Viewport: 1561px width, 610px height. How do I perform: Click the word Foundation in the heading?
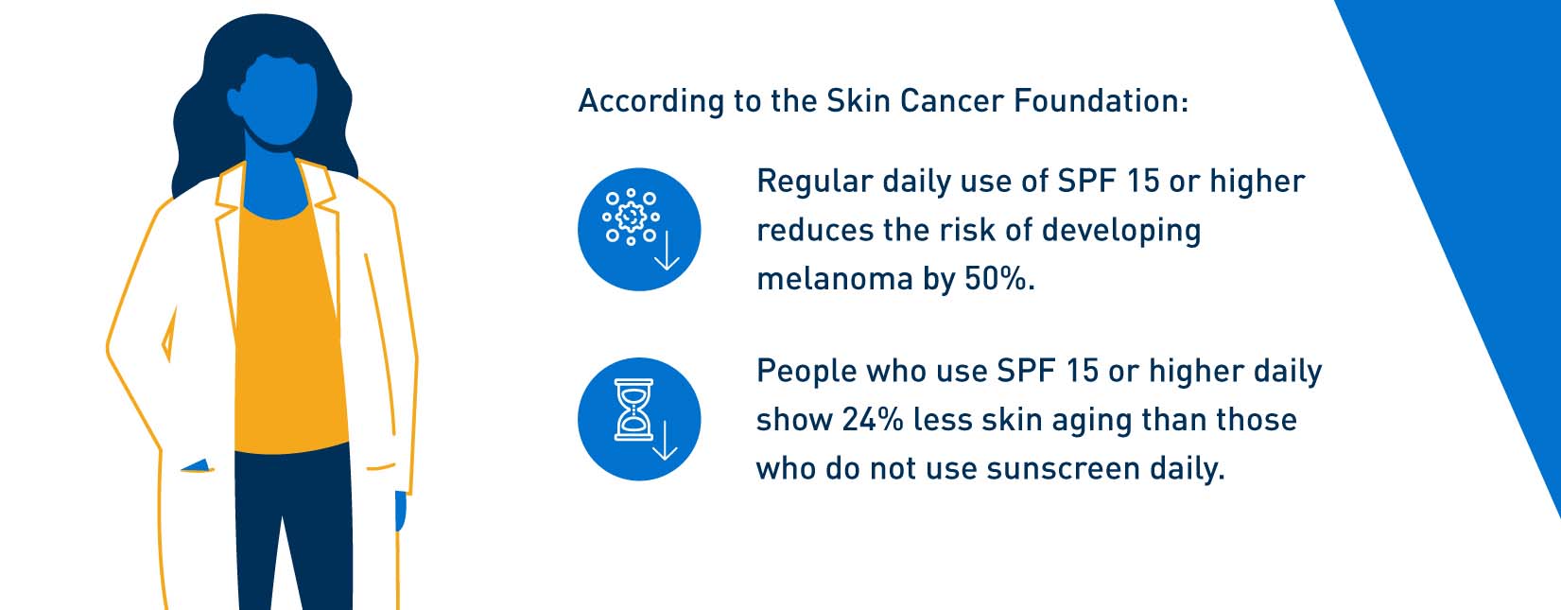point(1101,100)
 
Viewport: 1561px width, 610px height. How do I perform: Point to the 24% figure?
point(874,420)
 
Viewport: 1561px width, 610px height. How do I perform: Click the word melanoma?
point(835,278)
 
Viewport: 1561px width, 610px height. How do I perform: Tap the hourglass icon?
point(633,410)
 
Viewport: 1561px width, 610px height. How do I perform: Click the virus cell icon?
point(631,217)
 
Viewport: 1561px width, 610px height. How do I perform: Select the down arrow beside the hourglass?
point(665,441)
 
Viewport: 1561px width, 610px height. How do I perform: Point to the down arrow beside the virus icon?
point(667,251)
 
